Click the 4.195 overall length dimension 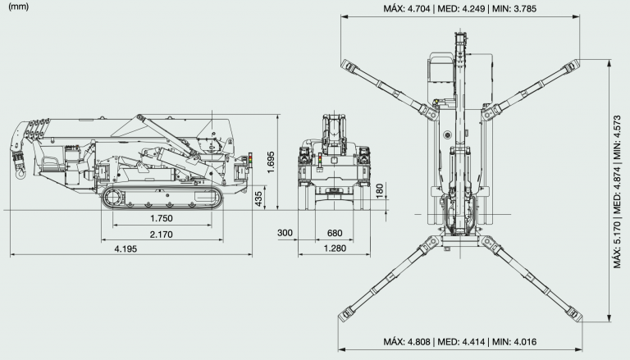coord(126,248)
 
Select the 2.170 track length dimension coord(161,235)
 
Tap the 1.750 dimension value coord(162,218)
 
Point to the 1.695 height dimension coord(271,162)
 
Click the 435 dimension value coord(258,199)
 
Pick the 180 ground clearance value coord(380,191)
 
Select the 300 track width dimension coord(285,233)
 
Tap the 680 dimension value coord(335,233)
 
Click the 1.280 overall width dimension coord(335,248)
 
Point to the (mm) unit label coord(19,7)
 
